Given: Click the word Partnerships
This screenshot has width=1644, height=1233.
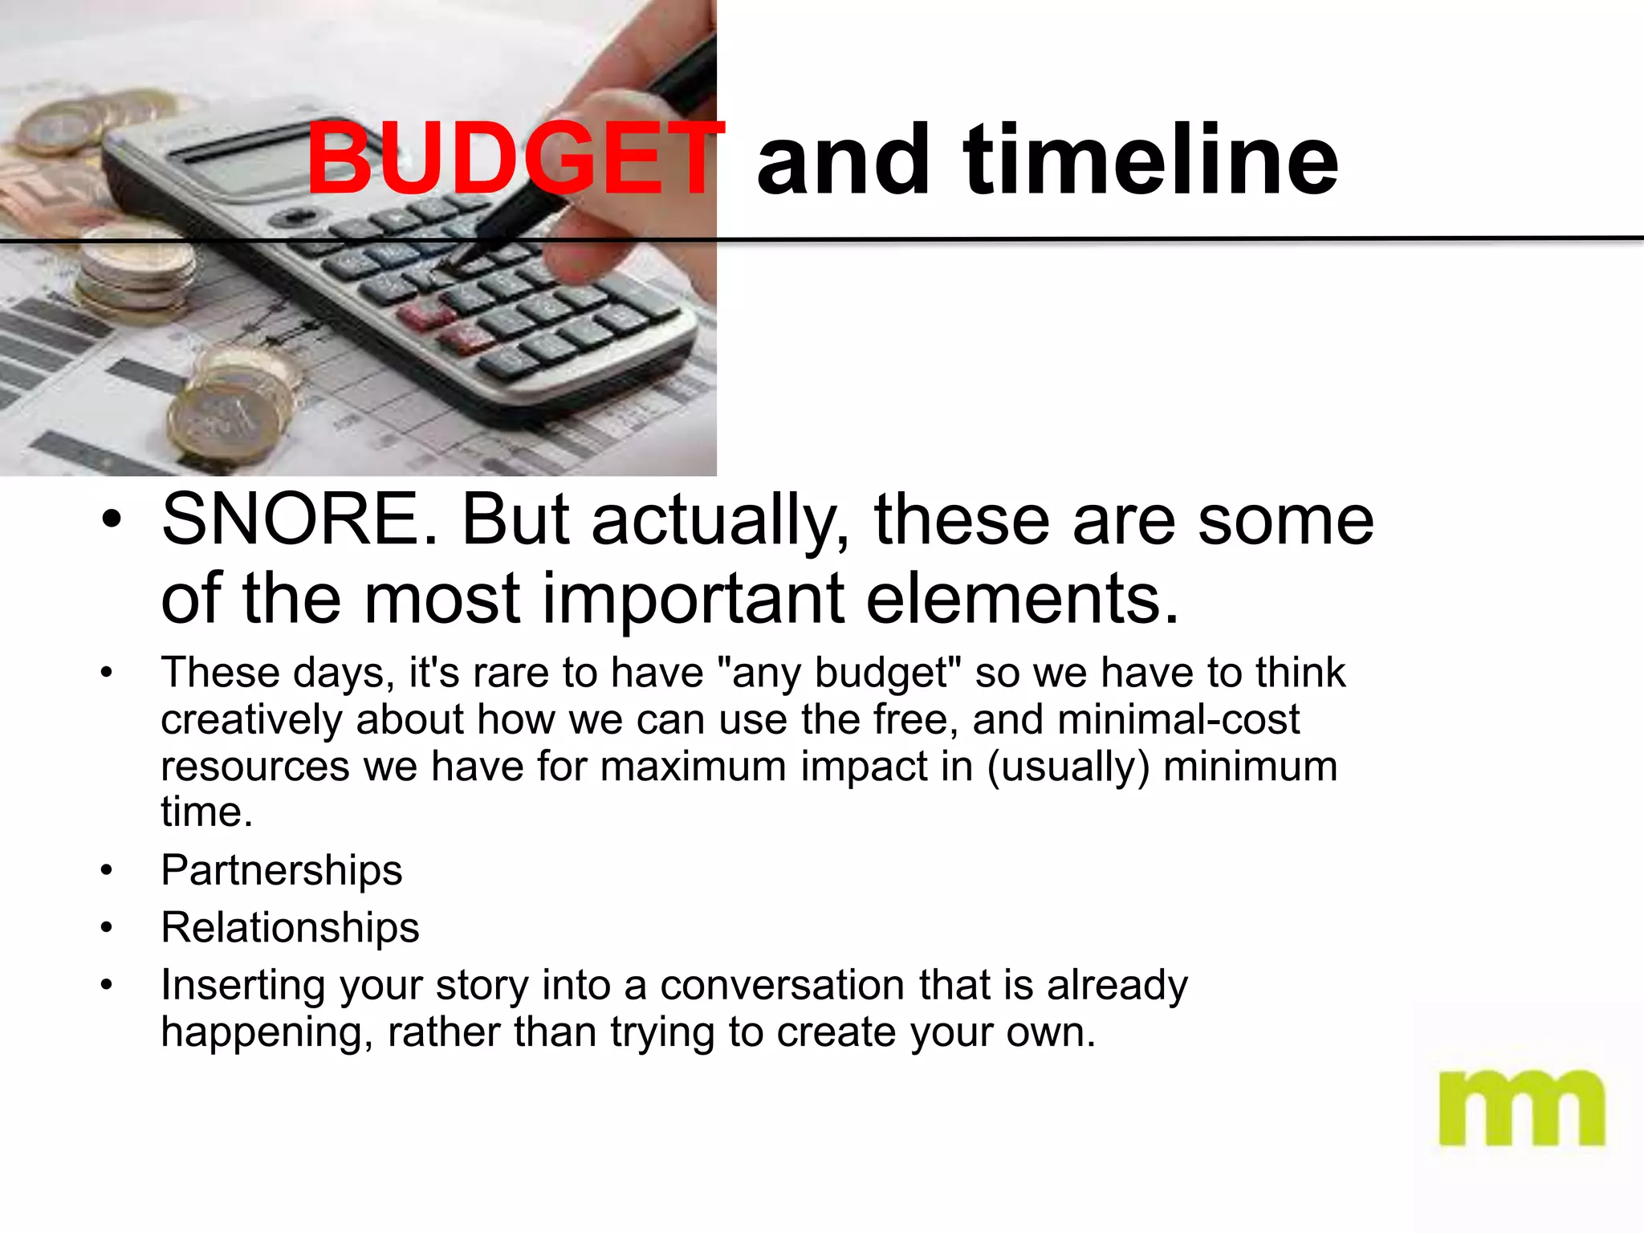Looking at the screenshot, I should tap(282, 870).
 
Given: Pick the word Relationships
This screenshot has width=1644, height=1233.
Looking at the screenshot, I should tap(290, 928).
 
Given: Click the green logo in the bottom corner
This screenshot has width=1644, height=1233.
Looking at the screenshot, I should tap(1521, 1108).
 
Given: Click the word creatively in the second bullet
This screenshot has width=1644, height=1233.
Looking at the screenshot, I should tap(252, 719).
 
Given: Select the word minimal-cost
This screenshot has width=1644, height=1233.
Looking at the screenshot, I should tap(1178, 719).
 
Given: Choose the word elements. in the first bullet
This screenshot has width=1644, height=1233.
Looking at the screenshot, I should tap(1023, 599).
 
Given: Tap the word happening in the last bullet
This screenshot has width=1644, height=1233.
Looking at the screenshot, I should tap(261, 1032).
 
